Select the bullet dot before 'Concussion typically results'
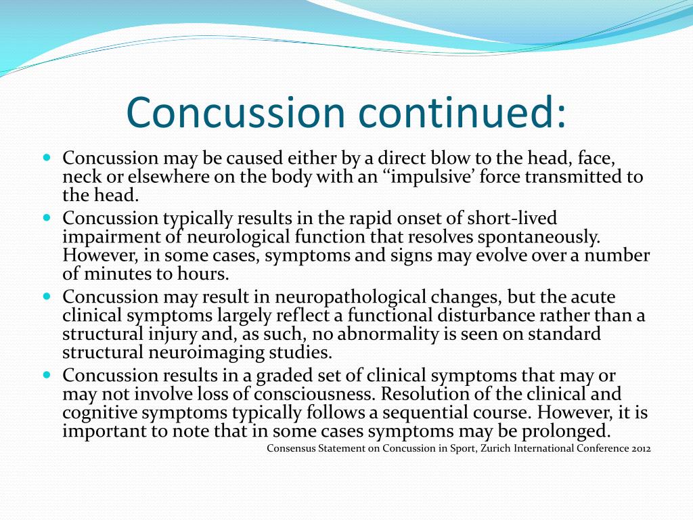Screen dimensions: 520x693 47,218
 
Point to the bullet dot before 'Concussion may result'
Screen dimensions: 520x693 47,297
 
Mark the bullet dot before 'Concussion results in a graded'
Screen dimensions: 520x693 47,374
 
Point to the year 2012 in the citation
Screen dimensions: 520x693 640,448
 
